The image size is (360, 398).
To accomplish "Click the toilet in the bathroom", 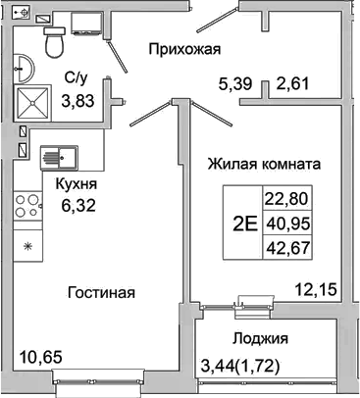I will [x=55, y=40].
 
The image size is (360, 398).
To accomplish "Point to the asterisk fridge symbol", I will [x=27, y=244].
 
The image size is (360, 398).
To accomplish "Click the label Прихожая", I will [x=183, y=49].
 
